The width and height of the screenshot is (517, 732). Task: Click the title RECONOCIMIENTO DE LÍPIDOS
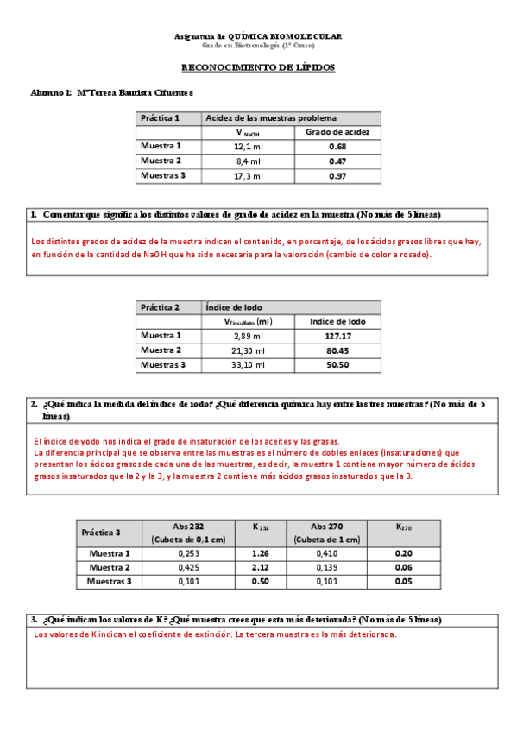[x=258, y=67]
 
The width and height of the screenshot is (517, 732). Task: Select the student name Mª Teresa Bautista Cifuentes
[x=135, y=91]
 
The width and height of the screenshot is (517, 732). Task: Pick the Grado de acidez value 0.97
[x=337, y=176]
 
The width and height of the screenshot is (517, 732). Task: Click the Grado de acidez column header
[x=337, y=132]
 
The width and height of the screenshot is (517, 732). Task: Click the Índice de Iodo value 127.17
[x=337, y=336]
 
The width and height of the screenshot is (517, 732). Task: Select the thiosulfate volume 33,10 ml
[x=248, y=365]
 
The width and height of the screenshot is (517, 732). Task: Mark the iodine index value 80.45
[x=337, y=350]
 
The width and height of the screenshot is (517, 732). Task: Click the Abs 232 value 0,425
[x=188, y=567]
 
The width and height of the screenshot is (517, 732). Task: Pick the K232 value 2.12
[x=261, y=567]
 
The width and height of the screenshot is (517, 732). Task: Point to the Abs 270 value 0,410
[x=326, y=552]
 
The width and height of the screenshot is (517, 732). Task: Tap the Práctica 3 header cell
[x=101, y=533]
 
